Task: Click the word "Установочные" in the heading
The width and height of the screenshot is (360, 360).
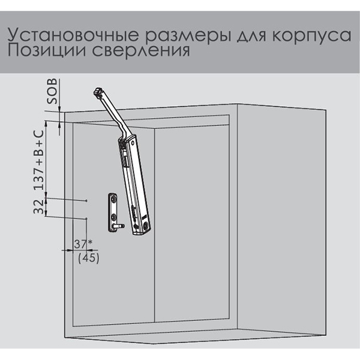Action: tap(73, 35)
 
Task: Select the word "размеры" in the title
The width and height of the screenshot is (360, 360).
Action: tap(188, 36)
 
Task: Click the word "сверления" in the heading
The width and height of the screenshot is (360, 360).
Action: tap(141, 51)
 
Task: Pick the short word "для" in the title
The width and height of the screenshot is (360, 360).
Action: tap(251, 36)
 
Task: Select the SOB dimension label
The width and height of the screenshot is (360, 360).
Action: tap(52, 91)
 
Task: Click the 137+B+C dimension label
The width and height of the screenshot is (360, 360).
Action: tap(39, 160)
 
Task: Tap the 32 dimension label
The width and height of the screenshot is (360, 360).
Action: tap(38, 206)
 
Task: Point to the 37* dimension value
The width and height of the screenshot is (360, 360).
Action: tap(83, 244)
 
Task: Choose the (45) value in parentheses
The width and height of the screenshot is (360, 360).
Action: tap(89, 258)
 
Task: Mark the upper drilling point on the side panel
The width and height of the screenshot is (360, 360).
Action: tap(86, 200)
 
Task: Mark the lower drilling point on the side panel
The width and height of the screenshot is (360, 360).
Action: tap(86, 218)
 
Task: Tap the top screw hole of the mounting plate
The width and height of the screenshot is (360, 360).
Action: tap(113, 199)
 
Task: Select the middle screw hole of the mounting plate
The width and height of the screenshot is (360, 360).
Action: tap(113, 216)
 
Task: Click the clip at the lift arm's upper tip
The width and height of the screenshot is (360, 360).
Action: tap(98, 92)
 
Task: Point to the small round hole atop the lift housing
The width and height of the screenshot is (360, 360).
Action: tap(133, 143)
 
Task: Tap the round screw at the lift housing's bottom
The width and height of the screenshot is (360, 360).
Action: tap(146, 225)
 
